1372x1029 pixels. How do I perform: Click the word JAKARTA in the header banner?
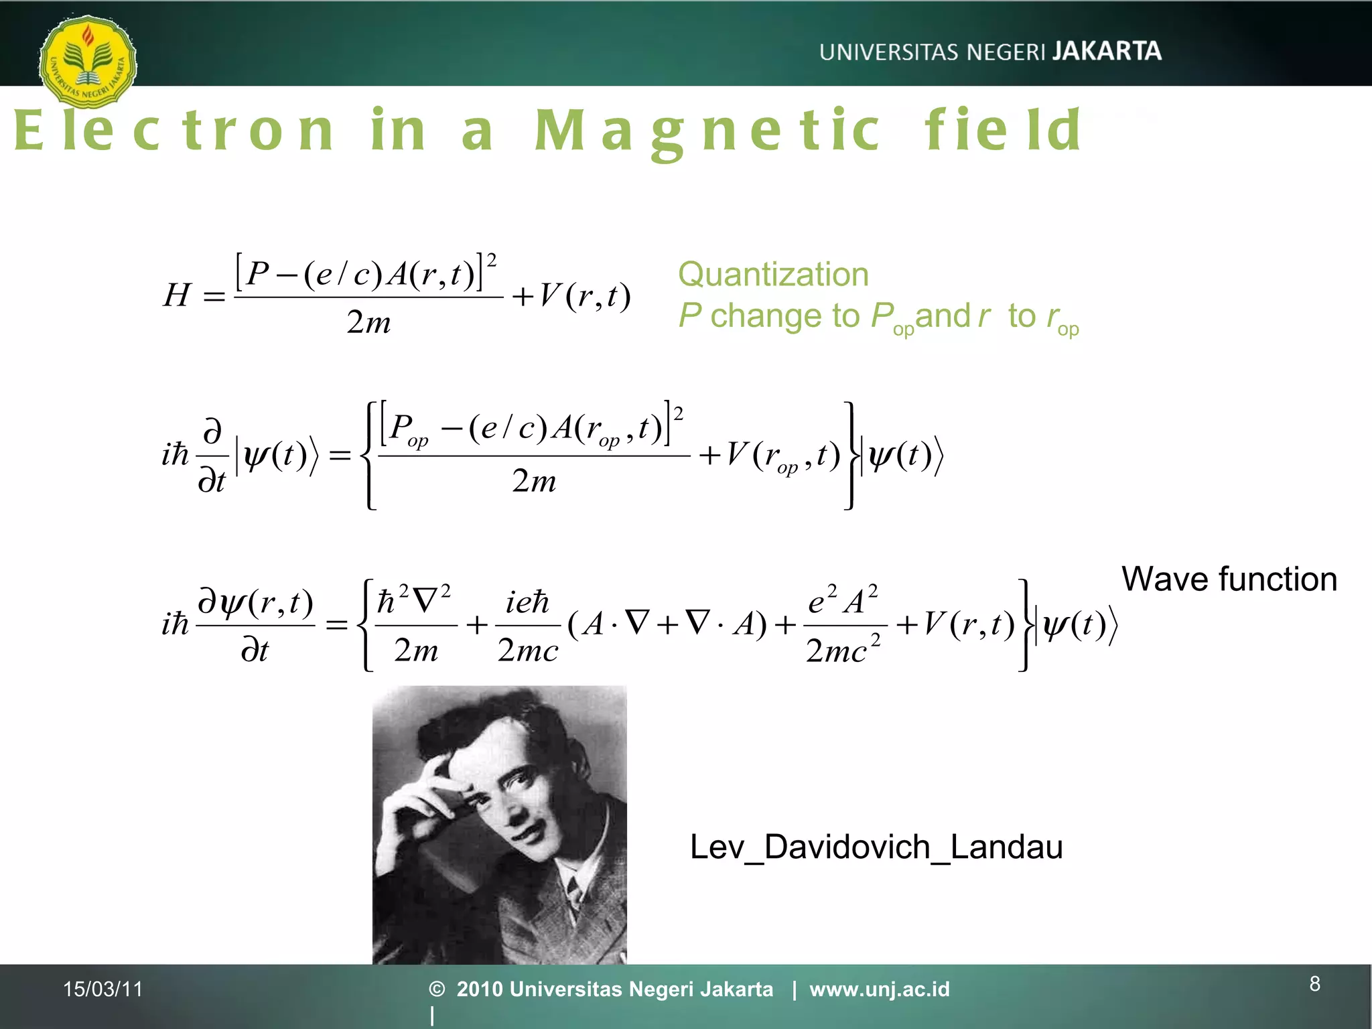[x=1106, y=52]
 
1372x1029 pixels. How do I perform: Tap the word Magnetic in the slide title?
[x=707, y=131]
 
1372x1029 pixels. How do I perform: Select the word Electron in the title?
[x=174, y=130]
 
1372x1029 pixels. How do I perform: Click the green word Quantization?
[x=773, y=275]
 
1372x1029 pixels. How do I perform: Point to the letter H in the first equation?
[x=178, y=295]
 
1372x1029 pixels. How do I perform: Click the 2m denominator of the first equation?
[x=368, y=323]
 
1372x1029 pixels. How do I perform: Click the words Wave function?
[x=1229, y=579]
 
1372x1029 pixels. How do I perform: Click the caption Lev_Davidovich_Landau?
[x=876, y=847]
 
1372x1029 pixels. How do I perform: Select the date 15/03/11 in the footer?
[x=103, y=989]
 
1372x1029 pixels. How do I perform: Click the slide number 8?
[x=1315, y=983]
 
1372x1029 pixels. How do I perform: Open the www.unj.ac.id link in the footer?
[x=879, y=989]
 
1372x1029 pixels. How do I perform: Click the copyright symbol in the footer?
[x=437, y=989]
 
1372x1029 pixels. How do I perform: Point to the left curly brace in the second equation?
[x=368, y=456]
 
